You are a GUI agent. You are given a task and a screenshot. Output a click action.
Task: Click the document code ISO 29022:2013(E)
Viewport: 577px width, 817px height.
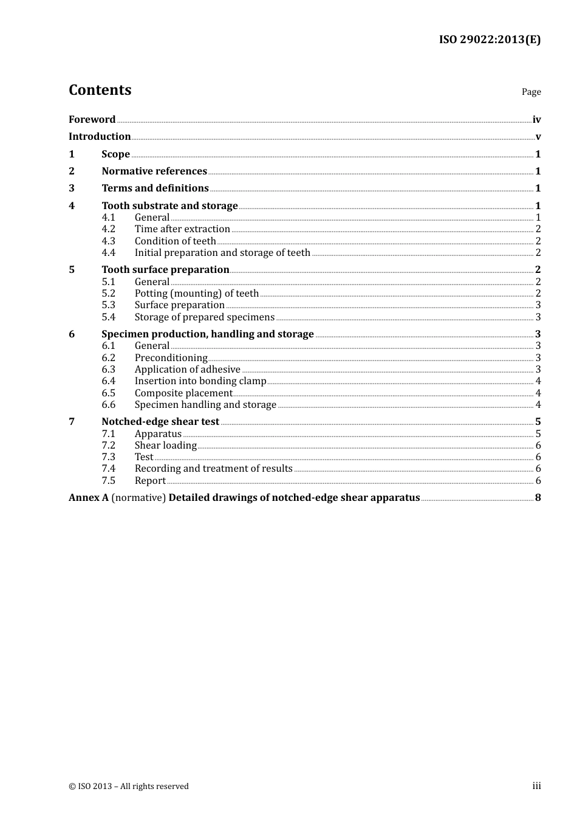point(490,40)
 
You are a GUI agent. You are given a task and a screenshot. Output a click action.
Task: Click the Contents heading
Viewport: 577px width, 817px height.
point(100,90)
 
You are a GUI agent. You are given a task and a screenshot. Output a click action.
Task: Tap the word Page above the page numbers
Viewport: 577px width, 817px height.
point(531,92)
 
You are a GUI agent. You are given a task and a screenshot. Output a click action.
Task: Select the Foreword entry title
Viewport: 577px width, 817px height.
point(92,120)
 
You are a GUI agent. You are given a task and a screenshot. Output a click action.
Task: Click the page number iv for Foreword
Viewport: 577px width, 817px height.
point(536,120)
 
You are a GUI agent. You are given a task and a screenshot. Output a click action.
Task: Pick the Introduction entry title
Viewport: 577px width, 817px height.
point(100,137)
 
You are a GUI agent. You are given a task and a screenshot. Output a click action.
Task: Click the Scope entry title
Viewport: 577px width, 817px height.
point(115,154)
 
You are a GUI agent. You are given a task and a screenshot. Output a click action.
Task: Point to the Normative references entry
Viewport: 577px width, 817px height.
point(154,171)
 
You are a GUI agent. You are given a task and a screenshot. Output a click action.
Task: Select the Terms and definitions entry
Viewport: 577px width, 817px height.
point(155,188)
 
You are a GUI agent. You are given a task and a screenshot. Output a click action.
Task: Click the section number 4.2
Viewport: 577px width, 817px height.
point(108,229)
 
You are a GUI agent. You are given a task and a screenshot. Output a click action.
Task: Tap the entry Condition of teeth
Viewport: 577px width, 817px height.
point(175,241)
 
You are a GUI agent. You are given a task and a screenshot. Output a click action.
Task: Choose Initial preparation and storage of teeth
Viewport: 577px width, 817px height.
point(222,253)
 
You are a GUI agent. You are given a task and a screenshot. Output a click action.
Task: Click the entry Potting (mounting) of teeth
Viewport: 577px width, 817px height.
point(196,294)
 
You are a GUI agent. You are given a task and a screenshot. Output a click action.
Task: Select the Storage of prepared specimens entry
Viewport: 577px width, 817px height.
point(204,317)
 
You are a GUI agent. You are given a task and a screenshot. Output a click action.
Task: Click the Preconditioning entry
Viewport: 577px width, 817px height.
point(171,358)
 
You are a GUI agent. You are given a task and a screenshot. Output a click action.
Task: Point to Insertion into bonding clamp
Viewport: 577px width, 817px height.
point(200,381)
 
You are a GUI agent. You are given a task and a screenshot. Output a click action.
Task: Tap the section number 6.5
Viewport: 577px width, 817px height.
point(108,393)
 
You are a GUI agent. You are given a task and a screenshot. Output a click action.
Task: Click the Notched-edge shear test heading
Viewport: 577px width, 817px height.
point(160,422)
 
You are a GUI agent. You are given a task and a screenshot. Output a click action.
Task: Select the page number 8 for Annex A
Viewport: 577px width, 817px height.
point(538,498)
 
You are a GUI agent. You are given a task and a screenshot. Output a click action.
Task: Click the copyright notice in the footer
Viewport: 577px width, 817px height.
point(129,787)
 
